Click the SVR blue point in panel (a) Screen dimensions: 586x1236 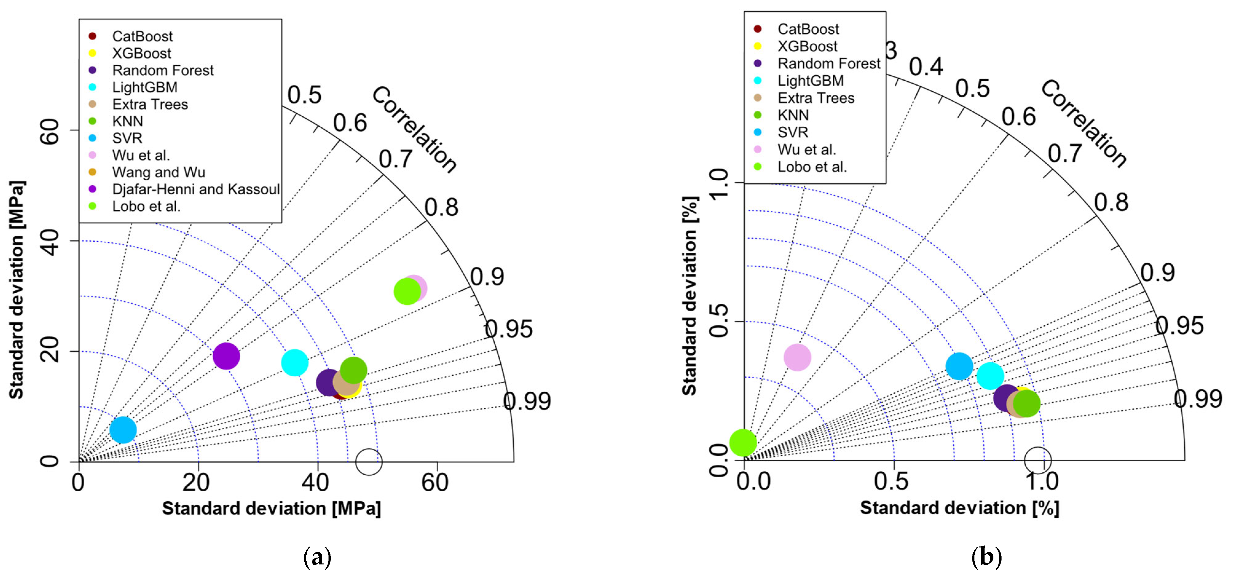coord(123,430)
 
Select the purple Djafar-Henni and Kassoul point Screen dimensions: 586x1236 coord(226,356)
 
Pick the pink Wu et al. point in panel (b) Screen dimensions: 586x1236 coord(797,357)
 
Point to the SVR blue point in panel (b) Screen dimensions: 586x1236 coord(959,366)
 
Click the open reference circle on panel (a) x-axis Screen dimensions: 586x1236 coord(368,462)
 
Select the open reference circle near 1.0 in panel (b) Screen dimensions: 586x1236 coord(1037,460)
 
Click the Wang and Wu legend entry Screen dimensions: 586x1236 coord(158,172)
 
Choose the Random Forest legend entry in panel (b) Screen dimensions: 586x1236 coord(829,63)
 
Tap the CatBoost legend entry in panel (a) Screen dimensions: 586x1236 coord(142,36)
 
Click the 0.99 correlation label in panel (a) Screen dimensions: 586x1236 coord(527,401)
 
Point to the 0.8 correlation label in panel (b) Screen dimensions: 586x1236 coord(1111,202)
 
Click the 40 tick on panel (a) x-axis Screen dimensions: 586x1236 coord(315,482)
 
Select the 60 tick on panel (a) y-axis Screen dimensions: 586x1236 coord(50,131)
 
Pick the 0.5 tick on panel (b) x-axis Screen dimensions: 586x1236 coord(891,481)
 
